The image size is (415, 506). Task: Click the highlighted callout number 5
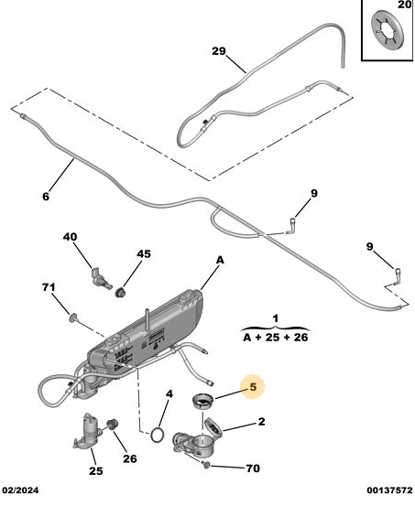point(253,387)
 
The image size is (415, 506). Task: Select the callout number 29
point(219,51)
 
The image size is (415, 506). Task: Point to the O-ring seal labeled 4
point(157,435)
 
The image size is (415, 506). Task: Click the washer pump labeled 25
point(87,432)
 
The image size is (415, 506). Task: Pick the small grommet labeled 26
point(113,424)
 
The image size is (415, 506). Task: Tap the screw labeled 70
point(206,465)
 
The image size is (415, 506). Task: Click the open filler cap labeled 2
point(213,428)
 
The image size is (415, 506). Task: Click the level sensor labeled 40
point(100,278)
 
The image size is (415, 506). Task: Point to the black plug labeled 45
point(121,292)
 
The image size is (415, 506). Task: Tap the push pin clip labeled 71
point(73,318)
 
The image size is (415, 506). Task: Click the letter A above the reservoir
point(220,260)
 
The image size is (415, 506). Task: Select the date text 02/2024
point(21,490)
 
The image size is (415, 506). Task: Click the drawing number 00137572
point(389,490)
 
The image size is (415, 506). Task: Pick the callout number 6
point(46,196)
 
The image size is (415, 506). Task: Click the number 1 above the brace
point(276,318)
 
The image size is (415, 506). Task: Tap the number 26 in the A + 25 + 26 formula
point(300,338)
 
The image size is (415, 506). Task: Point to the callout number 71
point(49,287)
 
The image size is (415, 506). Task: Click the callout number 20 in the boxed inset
point(404,5)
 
